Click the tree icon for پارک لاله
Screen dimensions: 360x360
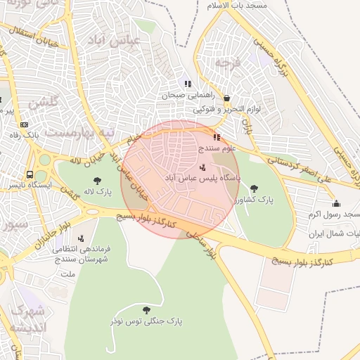click(x=97, y=181)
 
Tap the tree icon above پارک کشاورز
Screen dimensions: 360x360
click(x=254, y=188)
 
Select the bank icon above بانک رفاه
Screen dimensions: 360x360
click(x=24, y=124)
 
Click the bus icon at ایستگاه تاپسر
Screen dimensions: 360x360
click(x=30, y=174)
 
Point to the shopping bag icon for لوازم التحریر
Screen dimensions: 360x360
click(x=226, y=98)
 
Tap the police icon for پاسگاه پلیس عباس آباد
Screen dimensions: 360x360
click(x=202, y=167)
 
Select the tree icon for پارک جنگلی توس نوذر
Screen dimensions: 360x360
click(x=146, y=309)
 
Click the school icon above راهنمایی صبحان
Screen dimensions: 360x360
click(x=188, y=84)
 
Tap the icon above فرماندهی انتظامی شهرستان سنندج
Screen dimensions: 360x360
click(x=80, y=238)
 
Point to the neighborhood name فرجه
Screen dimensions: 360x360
click(x=228, y=63)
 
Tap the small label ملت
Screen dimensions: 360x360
click(x=68, y=273)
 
